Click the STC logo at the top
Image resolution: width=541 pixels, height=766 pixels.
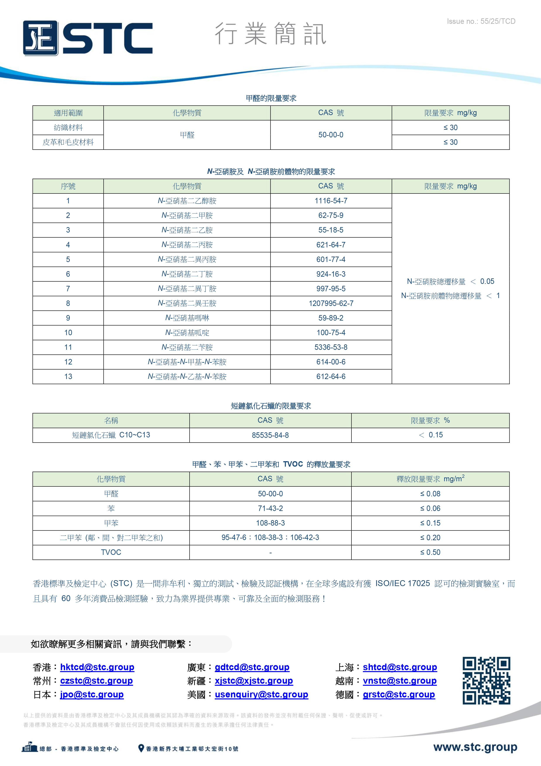pyautogui.click(x=88, y=38)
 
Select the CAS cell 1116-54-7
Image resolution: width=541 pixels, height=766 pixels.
pyautogui.click(x=331, y=201)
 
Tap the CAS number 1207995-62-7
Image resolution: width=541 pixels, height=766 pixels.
pyautogui.click(x=331, y=303)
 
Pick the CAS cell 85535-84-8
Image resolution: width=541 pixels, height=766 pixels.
pyautogui.click(x=270, y=435)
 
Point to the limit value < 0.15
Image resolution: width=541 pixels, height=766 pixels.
pyautogui.click(x=430, y=435)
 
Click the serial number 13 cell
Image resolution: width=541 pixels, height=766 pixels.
pyautogui.click(x=68, y=377)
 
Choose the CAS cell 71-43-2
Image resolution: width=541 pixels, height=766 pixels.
pyautogui.click(x=270, y=508)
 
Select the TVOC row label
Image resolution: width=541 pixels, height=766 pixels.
pyautogui.click(x=111, y=552)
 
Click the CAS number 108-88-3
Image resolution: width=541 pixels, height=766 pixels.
pyautogui.click(x=270, y=523)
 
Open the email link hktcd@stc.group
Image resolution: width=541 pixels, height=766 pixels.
pyautogui.click(x=97, y=667)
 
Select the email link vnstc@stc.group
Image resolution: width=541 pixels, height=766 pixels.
pyautogui.click(x=399, y=681)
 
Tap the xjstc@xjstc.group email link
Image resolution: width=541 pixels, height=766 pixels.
pyautogui.click(x=254, y=681)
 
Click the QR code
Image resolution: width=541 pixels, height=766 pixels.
pyautogui.click(x=486, y=681)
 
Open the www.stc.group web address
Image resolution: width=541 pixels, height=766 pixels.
pyautogui.click(x=475, y=747)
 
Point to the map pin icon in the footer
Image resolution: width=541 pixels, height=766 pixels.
pyautogui.click(x=141, y=748)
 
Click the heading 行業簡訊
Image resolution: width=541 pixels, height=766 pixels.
pyautogui.click(x=270, y=34)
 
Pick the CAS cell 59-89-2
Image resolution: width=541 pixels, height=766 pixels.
pyautogui.click(x=331, y=318)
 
